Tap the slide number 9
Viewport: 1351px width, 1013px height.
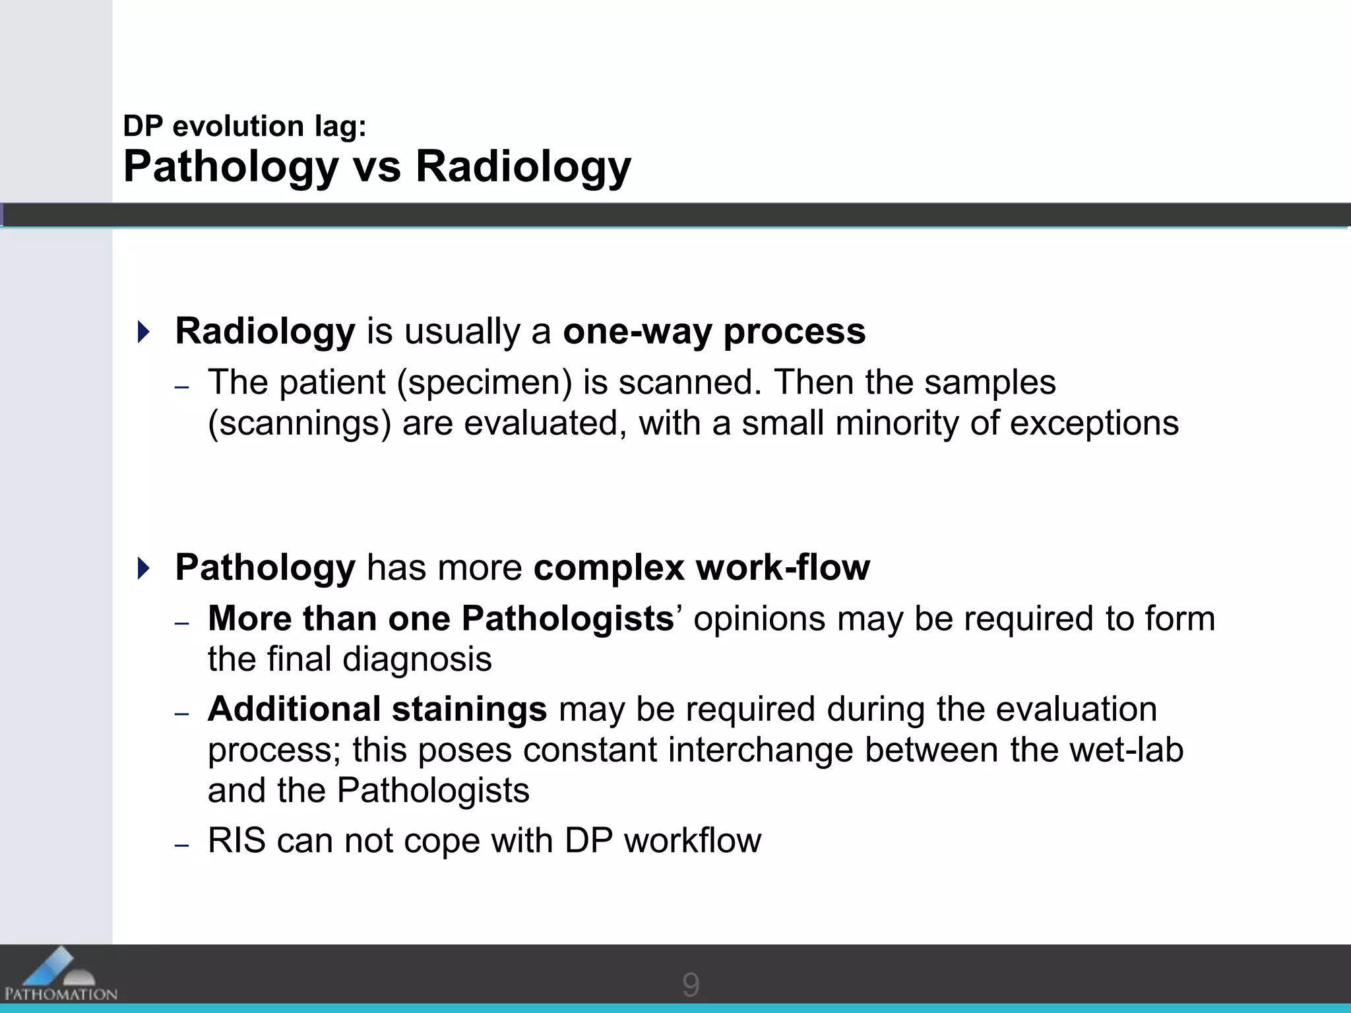coord(690,985)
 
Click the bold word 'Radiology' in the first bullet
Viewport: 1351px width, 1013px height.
coord(265,331)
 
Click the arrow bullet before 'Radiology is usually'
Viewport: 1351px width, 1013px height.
coord(144,331)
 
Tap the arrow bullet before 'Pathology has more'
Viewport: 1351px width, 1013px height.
coord(144,568)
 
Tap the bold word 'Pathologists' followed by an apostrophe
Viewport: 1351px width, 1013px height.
coord(567,619)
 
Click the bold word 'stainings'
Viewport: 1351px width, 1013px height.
coord(469,710)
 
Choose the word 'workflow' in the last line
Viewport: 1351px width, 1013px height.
coord(692,841)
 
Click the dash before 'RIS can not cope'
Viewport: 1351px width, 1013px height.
coord(182,845)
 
